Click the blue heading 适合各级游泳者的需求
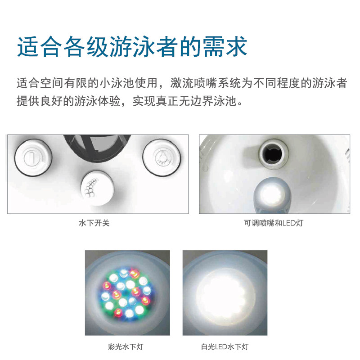click(x=132, y=47)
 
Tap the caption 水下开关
click(x=94, y=223)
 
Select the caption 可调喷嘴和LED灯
click(x=274, y=223)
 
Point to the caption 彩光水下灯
click(x=126, y=346)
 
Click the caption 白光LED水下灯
click(x=225, y=346)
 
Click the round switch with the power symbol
click(x=33, y=158)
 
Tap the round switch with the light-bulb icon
click(x=162, y=157)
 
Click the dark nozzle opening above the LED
click(x=273, y=153)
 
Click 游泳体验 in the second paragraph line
click(x=97, y=101)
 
